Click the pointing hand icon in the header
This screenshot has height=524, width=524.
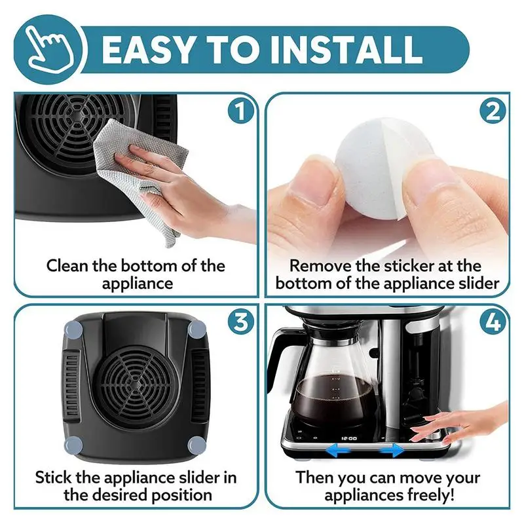51,49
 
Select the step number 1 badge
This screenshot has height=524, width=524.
240,111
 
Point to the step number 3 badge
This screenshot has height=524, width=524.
240,322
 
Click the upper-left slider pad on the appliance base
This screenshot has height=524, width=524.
74,330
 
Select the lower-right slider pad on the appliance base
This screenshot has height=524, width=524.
196,445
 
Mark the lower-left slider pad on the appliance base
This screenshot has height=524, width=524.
74,445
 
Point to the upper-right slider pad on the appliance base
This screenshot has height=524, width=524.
196,330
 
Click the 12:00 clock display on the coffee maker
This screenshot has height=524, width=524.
349,438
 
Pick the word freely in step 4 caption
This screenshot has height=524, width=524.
430,495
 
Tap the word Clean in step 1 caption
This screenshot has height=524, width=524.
67,266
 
